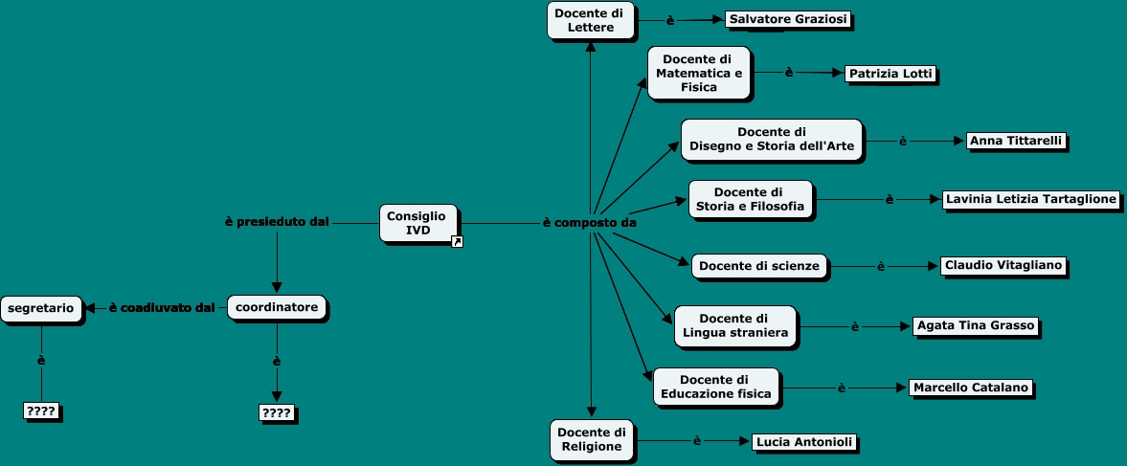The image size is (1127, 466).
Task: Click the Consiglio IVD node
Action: click(x=417, y=224)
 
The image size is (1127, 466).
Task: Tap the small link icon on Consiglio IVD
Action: click(x=457, y=242)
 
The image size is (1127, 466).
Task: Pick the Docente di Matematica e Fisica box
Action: click(x=698, y=73)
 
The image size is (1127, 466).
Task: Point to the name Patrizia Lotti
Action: click(x=890, y=74)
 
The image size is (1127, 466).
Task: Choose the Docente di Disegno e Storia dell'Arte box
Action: click(x=771, y=139)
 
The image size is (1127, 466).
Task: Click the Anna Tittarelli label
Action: click(x=1015, y=141)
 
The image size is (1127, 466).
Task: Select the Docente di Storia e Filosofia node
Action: click(x=750, y=200)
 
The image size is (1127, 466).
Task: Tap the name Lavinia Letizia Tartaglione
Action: click(x=1030, y=199)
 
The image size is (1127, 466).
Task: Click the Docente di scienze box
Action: click(x=758, y=266)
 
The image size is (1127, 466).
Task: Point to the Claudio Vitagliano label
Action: click(x=1002, y=264)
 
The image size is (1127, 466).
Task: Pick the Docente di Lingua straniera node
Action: click(x=734, y=325)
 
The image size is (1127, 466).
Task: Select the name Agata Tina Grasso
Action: click(x=974, y=325)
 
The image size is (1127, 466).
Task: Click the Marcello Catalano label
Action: click(x=970, y=388)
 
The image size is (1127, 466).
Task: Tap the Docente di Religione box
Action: click(x=592, y=438)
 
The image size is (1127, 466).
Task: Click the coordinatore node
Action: click(x=277, y=307)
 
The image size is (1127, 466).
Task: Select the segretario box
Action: click(x=41, y=307)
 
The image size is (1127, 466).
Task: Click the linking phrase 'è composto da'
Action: click(x=590, y=223)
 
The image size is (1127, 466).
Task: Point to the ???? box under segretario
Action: click(x=41, y=411)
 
